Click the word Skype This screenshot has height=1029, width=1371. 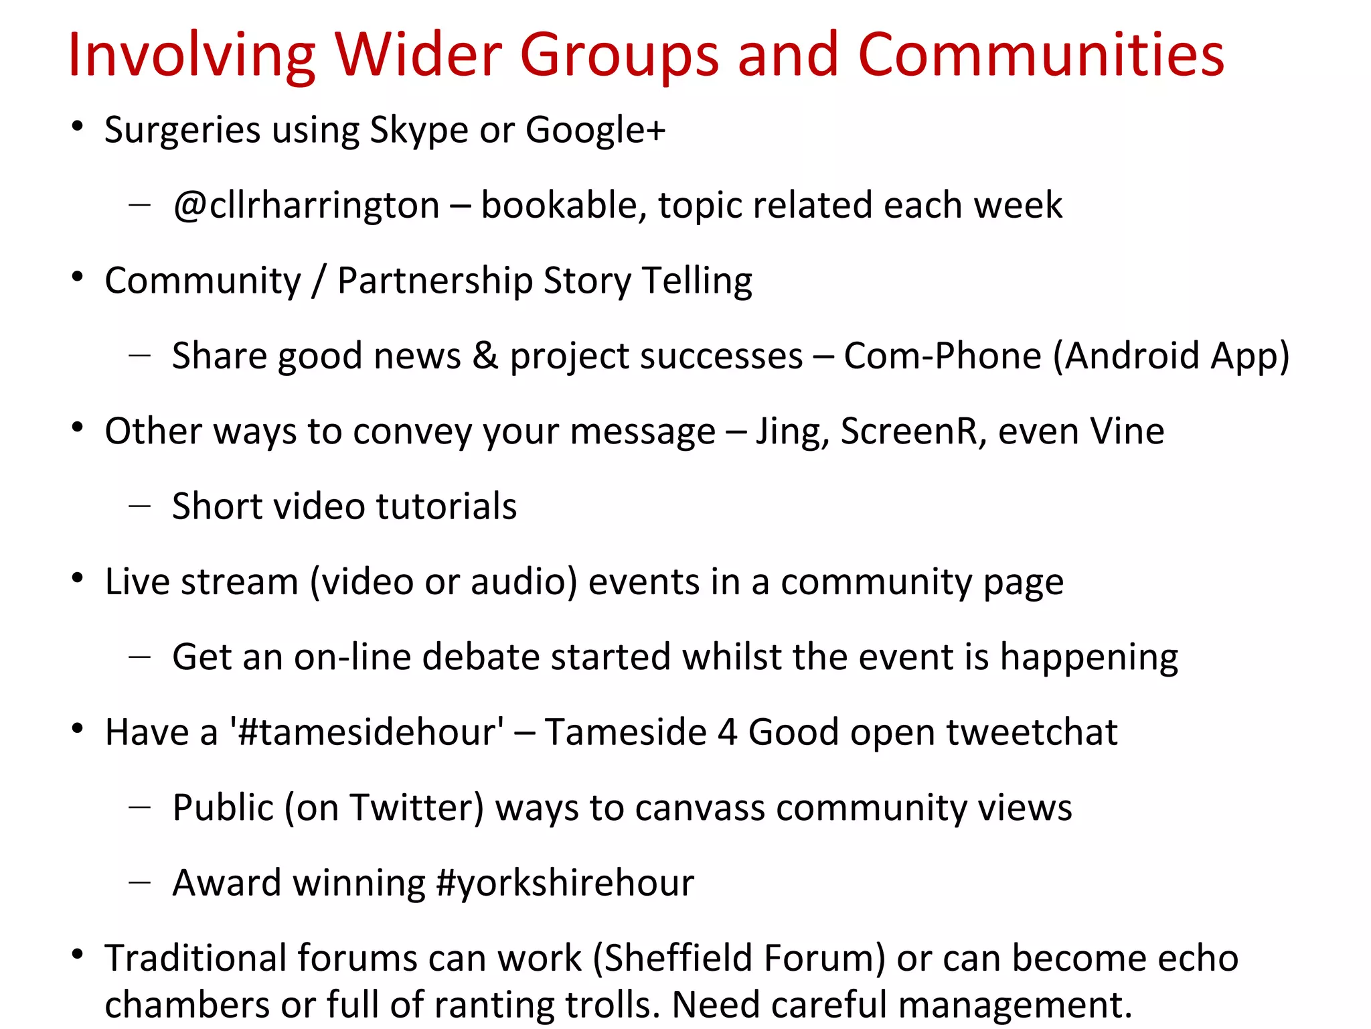(418, 130)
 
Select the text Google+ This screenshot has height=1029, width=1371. (595, 130)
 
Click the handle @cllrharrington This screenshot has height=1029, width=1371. (306, 205)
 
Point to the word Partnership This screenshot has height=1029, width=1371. (434, 281)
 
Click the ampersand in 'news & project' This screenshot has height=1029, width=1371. (485, 356)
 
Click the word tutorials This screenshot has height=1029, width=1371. (447, 506)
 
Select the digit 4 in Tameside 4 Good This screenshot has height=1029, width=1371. (727, 732)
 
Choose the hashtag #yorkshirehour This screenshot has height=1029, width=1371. (564, 882)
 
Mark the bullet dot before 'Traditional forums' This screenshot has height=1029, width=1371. (78, 954)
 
